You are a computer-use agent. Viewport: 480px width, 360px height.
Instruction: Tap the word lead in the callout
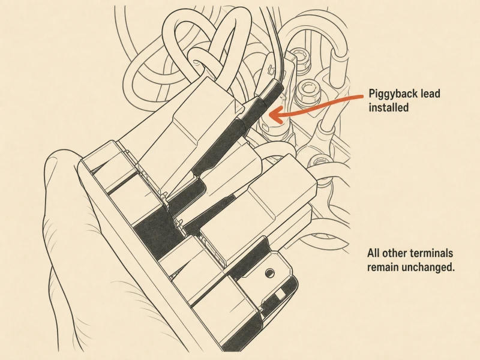tap(431, 93)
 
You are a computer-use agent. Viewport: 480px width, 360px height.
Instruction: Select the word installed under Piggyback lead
tap(388, 107)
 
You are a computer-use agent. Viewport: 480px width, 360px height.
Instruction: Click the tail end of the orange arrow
tap(363, 97)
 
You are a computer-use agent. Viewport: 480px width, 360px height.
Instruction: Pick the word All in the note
tap(373, 253)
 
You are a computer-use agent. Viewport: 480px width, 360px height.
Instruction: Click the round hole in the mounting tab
tap(269, 272)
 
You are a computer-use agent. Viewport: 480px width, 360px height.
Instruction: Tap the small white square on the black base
tap(280, 295)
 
